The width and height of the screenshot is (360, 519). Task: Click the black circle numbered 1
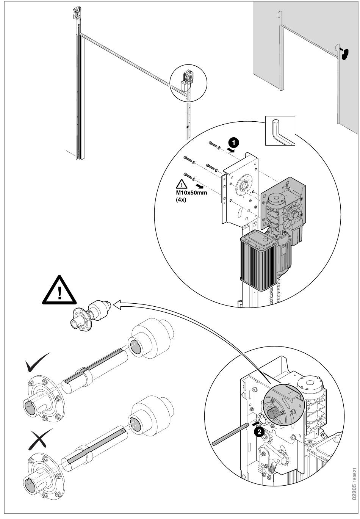point(233,143)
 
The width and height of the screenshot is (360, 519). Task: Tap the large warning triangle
point(59,291)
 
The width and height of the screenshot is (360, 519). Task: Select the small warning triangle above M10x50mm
point(182,184)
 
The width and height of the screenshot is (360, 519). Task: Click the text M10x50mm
point(191,193)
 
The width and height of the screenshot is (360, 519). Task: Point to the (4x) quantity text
point(181,200)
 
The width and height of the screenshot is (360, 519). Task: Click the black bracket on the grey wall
point(344,54)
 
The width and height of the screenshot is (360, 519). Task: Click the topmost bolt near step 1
point(213,144)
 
